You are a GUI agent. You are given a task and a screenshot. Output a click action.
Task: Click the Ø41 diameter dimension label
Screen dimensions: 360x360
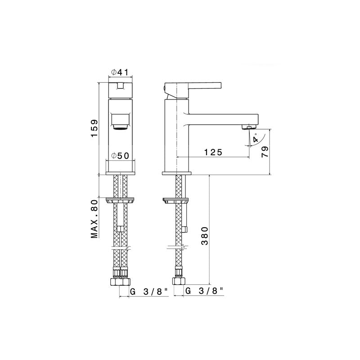tap(120, 72)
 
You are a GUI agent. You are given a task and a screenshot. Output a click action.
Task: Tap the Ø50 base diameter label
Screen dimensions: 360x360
tap(120, 155)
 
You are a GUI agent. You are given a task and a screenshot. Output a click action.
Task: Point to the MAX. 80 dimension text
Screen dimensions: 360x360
tap(94, 219)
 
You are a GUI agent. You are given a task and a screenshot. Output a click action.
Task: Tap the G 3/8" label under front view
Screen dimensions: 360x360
tap(149, 292)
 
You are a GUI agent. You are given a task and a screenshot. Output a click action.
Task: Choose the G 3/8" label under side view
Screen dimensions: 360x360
tap(204, 292)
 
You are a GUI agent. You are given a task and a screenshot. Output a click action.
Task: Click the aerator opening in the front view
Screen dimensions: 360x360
tap(120, 121)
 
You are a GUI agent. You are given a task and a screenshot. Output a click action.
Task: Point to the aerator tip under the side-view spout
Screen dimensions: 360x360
tap(249, 128)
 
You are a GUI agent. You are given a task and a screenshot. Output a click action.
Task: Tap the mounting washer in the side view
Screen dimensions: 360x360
tap(175, 201)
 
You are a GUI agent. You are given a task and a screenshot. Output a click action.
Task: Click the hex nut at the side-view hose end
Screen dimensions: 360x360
tap(178, 282)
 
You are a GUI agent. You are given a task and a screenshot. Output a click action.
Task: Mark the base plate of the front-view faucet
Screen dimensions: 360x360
tap(120, 173)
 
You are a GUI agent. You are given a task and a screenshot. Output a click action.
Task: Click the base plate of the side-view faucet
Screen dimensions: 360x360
tap(177, 173)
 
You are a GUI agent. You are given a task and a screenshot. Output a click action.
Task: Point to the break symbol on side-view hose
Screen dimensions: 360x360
tap(180, 247)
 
